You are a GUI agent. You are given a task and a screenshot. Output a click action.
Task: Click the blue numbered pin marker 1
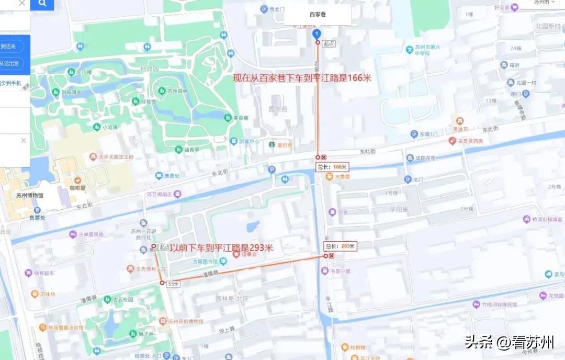[316, 34]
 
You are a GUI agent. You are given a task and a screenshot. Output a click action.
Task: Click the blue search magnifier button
[42, 4]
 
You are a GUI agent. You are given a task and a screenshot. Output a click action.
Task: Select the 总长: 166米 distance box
[332, 167]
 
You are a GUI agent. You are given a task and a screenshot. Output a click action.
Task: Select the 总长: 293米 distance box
[340, 246]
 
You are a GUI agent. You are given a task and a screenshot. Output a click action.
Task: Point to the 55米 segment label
[173, 284]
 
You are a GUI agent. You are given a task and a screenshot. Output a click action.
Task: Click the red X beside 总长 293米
[331, 256]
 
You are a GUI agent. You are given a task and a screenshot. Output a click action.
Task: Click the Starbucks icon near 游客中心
[272, 144]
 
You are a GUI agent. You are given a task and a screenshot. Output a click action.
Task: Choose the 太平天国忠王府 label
[116, 156]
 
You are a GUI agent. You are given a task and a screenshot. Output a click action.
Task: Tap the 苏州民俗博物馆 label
[185, 321]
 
